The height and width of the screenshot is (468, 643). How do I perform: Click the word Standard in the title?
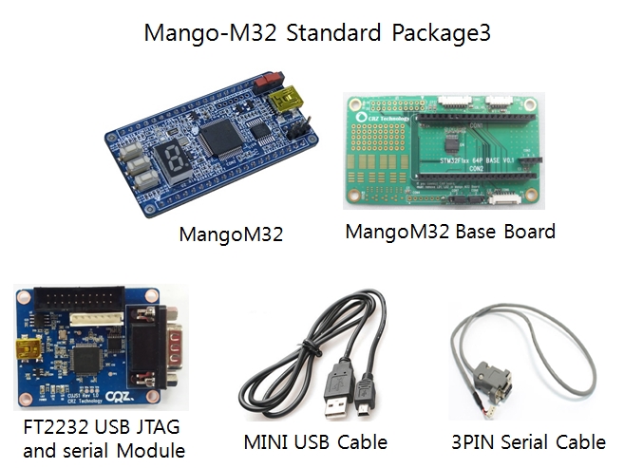pyautogui.click(x=329, y=33)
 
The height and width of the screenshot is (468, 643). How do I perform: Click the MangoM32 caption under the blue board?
pyautogui.click(x=232, y=233)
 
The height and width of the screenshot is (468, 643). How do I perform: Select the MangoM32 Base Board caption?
pyautogui.click(x=449, y=231)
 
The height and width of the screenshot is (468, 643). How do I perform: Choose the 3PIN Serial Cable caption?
pyautogui.click(x=528, y=441)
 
